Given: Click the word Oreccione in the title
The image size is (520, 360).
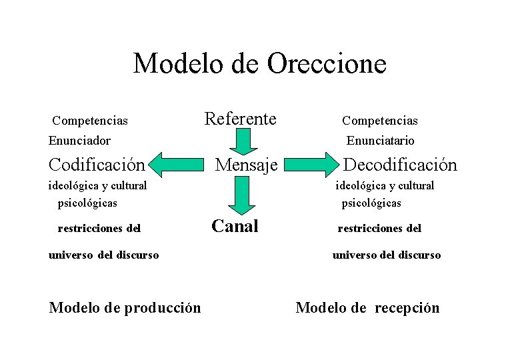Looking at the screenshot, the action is point(327,64).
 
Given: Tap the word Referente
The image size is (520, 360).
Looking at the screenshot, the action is point(240,119).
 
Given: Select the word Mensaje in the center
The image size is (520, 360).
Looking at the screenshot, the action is point(246,164).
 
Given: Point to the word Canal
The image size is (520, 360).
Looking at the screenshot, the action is point(235,226).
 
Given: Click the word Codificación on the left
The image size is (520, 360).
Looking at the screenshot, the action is point(97,164).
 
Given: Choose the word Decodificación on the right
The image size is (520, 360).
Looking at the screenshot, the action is point(400,165).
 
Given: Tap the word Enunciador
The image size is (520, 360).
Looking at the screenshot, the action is point(79,141).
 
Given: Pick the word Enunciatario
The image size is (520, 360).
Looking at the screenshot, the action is point(380,141).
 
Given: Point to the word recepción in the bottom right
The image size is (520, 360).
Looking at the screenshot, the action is point(407,308).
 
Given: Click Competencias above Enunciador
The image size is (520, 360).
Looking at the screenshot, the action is point(90,121).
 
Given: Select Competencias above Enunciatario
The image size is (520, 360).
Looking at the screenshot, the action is point(380,121).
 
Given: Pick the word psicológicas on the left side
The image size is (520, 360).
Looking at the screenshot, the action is point(87,202).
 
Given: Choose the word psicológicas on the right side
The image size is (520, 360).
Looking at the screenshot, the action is point(371,203).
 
